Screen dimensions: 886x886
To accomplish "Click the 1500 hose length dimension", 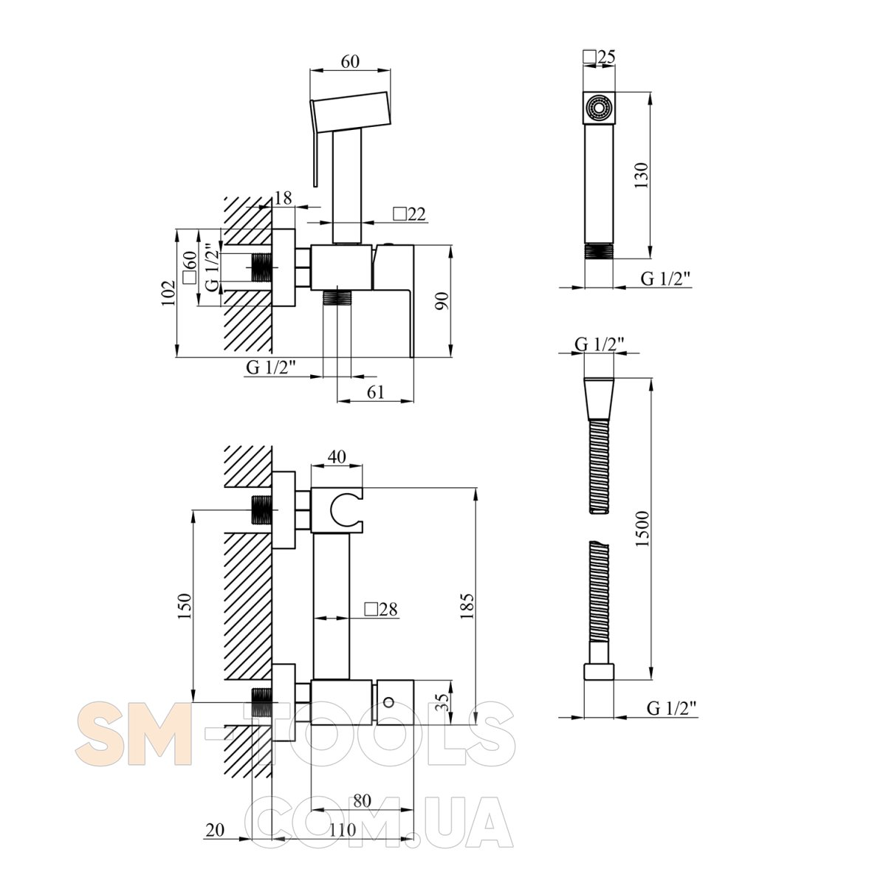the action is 642,528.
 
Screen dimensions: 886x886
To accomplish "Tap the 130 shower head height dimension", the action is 641,175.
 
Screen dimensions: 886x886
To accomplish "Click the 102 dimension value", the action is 168,293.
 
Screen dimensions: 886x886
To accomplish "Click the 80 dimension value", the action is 363,800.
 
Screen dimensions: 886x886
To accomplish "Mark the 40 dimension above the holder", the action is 337,456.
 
